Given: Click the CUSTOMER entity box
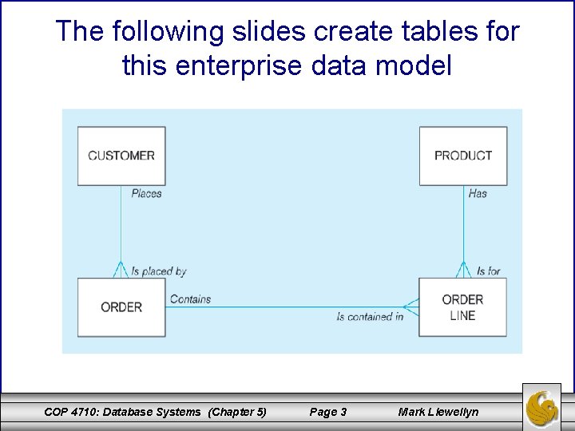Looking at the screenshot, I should [121, 156].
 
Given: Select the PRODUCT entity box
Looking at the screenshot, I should [463, 156].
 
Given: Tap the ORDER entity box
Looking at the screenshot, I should [121, 307].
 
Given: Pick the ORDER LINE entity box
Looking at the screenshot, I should [462, 307].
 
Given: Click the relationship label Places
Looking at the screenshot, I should [146, 193].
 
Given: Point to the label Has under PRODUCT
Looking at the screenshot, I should [478, 193].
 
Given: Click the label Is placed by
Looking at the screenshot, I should [158, 271].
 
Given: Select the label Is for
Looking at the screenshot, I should [488, 271].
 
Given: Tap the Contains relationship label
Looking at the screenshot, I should [190, 299].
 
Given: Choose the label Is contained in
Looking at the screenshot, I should [370, 317].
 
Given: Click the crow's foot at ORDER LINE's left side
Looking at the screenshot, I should [410, 306].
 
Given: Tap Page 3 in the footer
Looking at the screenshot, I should [327, 412].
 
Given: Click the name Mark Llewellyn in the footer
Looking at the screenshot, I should [438, 412].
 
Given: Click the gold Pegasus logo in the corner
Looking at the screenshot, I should [542, 406].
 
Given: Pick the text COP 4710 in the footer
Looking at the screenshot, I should [70, 412].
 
